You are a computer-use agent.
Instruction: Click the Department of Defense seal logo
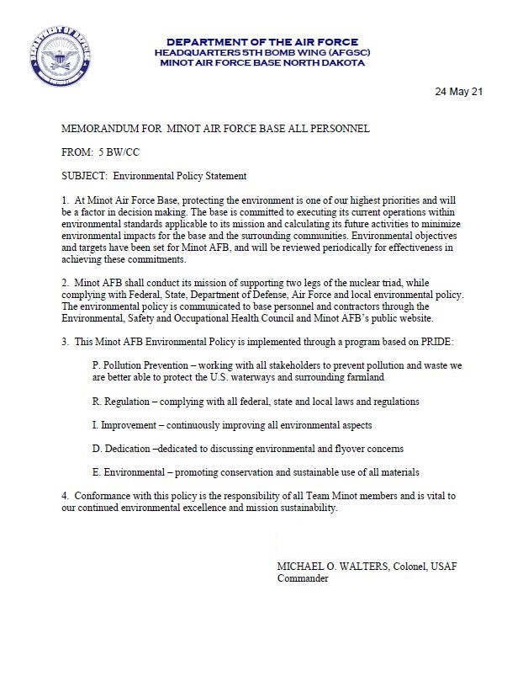[59, 58]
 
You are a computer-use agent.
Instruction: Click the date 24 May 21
[458, 91]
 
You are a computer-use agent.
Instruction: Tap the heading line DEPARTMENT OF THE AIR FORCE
[261, 42]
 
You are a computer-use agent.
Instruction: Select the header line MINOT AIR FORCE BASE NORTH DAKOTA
[261, 63]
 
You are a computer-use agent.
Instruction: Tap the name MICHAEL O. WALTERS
[332, 567]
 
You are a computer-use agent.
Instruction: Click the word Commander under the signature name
[303, 579]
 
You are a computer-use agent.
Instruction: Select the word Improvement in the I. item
[131, 425]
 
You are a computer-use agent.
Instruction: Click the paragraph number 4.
[65, 496]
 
